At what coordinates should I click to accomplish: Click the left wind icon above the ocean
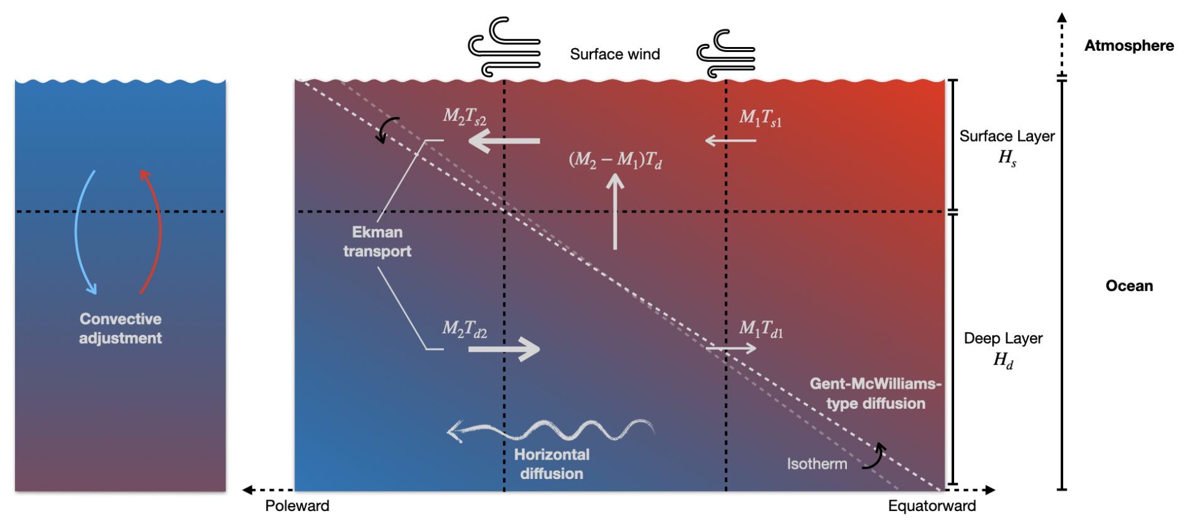tap(505, 47)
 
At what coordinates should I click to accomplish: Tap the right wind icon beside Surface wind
tap(726, 53)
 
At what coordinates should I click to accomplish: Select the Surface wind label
tap(614, 55)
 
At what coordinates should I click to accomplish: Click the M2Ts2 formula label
tap(464, 117)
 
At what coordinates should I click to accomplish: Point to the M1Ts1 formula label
tap(760, 118)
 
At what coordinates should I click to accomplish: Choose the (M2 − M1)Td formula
tap(615, 160)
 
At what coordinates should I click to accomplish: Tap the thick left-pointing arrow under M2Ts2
tap(504, 141)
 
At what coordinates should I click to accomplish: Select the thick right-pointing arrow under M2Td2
tap(504, 349)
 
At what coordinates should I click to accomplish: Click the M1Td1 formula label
tap(761, 329)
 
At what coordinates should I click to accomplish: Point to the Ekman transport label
tap(377, 241)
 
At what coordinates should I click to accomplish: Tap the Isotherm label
tap(817, 464)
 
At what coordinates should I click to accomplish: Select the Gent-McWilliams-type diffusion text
tap(875, 393)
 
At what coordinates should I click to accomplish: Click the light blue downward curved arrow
tap(83, 232)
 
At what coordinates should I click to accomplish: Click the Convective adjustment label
tap(120, 329)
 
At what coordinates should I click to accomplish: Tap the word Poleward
tap(297, 506)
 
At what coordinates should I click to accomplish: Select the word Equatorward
tap(931, 506)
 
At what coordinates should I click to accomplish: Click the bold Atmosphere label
tap(1128, 46)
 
